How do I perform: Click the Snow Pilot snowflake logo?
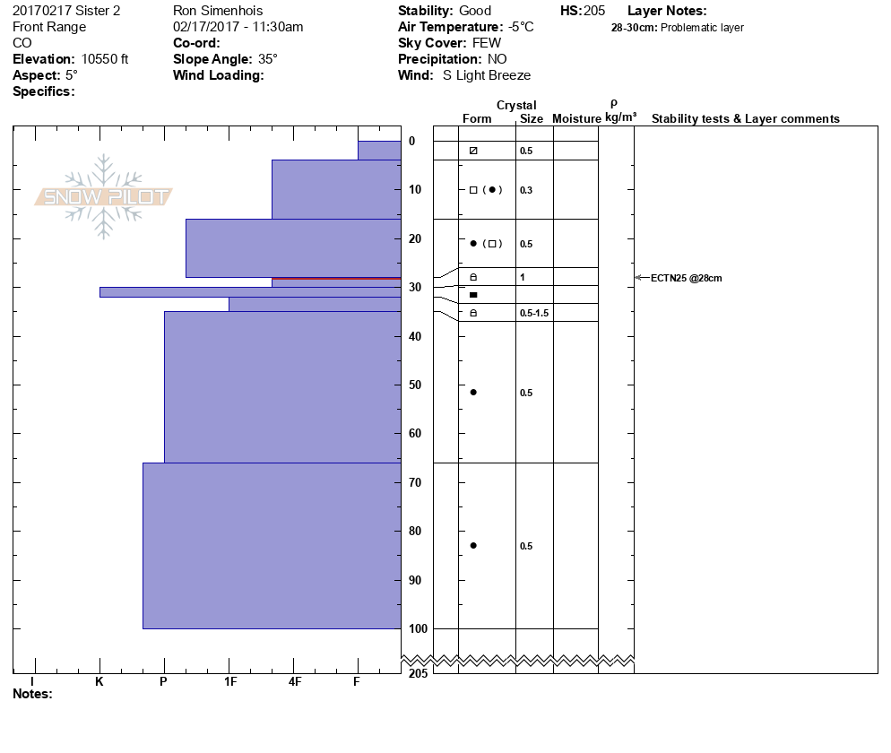click(x=104, y=196)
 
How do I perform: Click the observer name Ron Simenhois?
click(x=218, y=11)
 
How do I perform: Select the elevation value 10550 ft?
click(x=105, y=59)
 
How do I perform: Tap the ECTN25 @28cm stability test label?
click(x=686, y=278)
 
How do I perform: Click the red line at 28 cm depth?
click(x=336, y=279)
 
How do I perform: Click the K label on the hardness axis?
click(x=99, y=681)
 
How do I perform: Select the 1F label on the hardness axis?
click(x=229, y=681)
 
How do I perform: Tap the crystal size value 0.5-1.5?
click(x=533, y=313)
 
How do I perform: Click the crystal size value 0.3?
click(x=525, y=190)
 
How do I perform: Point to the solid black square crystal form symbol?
click(x=473, y=295)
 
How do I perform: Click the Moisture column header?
click(x=576, y=118)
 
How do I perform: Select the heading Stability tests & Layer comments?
click(x=745, y=118)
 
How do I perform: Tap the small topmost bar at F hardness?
click(x=379, y=150)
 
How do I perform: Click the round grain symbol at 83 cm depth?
click(x=473, y=545)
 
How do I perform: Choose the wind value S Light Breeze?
click(x=487, y=75)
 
